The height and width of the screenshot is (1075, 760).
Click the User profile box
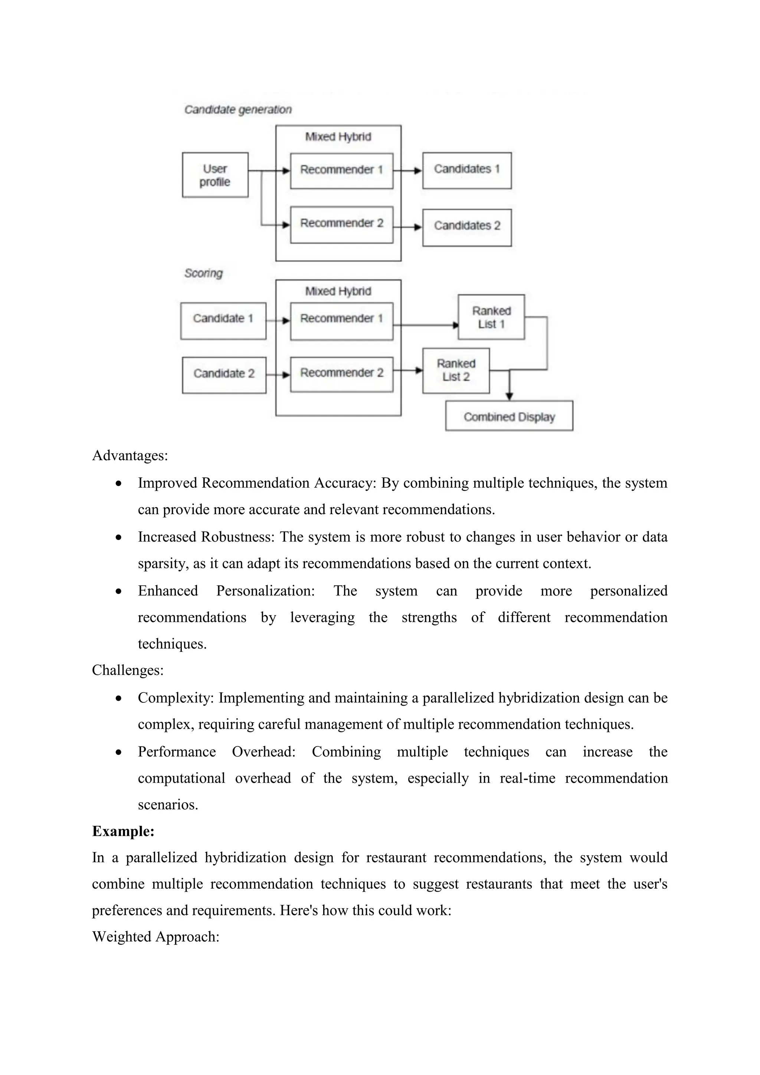tap(215, 175)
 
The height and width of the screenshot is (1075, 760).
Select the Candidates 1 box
tap(466, 170)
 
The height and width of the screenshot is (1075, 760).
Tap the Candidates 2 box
tap(466, 228)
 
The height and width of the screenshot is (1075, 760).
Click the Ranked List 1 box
tap(491, 317)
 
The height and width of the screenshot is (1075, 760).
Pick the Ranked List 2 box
tap(456, 370)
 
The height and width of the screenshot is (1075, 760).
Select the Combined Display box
tap(509, 416)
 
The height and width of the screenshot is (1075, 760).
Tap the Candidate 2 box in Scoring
tap(224, 375)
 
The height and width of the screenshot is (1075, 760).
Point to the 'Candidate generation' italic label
tap(238, 110)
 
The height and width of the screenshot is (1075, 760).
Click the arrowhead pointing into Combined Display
tap(509, 396)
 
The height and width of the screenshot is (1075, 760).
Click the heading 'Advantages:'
tap(130, 455)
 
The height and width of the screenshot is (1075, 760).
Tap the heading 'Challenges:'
tap(127, 670)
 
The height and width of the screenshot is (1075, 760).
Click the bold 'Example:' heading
tap(123, 831)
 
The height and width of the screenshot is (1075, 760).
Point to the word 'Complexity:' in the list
tap(176, 697)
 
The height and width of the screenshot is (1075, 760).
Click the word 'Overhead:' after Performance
tap(263, 751)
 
